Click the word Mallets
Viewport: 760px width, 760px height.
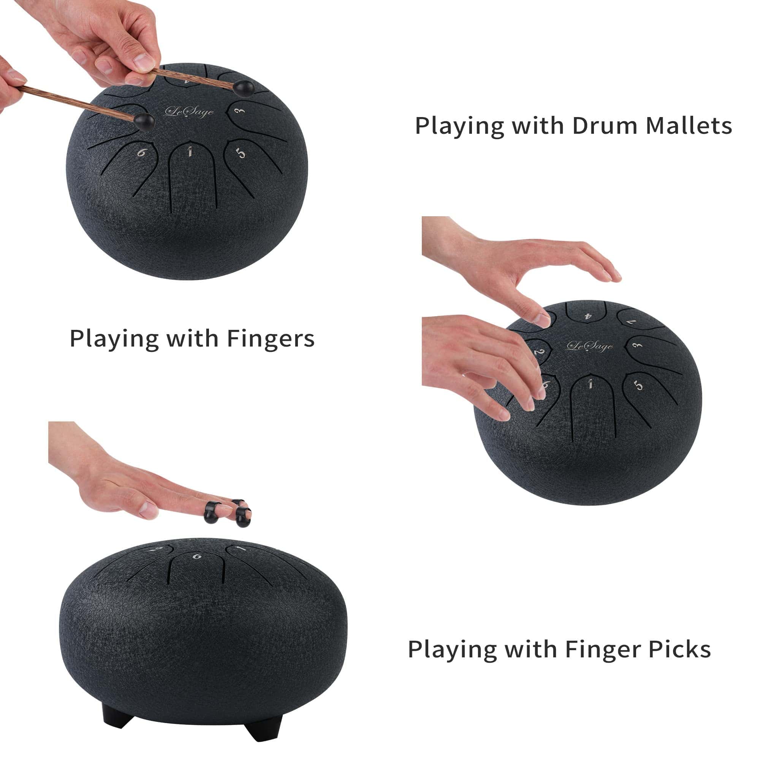pos(689,126)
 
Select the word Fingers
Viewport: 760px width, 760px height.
pos(271,339)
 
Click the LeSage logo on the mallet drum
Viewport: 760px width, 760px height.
pos(189,112)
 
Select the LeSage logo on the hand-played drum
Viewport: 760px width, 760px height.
pos(589,346)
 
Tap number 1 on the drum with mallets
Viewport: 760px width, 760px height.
pos(190,152)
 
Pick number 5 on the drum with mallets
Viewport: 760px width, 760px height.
pos(241,153)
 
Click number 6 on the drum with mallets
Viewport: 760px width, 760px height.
pos(141,152)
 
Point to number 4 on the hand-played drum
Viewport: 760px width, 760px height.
pos(588,316)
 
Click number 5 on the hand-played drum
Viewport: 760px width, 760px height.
pos(638,385)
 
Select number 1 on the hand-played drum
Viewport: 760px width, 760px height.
pos(590,384)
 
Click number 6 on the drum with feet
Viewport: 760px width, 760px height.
pos(197,556)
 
